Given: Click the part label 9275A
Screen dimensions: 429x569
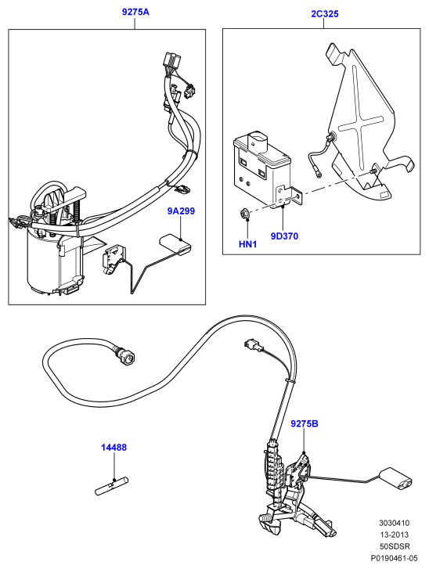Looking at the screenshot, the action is [135, 12].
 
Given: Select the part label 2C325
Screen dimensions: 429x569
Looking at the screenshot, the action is [324, 14].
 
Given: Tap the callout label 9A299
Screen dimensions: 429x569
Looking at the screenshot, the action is [181, 211].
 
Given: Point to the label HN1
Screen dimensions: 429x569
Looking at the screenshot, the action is [247, 244].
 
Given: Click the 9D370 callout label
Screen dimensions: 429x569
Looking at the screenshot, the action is [284, 236].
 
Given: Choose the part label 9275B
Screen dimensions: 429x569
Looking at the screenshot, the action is [305, 423].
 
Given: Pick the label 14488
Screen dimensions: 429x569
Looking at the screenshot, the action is [114, 448].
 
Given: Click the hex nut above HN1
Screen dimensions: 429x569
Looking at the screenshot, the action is [246, 214].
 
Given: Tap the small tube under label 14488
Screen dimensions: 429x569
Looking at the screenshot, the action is [112, 487].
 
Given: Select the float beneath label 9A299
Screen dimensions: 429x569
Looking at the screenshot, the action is [175, 244].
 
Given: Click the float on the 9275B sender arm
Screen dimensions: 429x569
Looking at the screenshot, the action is [395, 479].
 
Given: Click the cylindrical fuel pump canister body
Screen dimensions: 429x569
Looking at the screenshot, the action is [55, 261].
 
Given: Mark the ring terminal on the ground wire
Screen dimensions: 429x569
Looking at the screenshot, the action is [319, 175].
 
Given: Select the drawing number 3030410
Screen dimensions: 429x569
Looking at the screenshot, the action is [394, 523].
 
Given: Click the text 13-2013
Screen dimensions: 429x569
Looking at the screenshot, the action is [394, 535].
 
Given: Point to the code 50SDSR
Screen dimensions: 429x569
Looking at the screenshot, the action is [394, 546].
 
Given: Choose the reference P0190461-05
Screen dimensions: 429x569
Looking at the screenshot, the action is [394, 558].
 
